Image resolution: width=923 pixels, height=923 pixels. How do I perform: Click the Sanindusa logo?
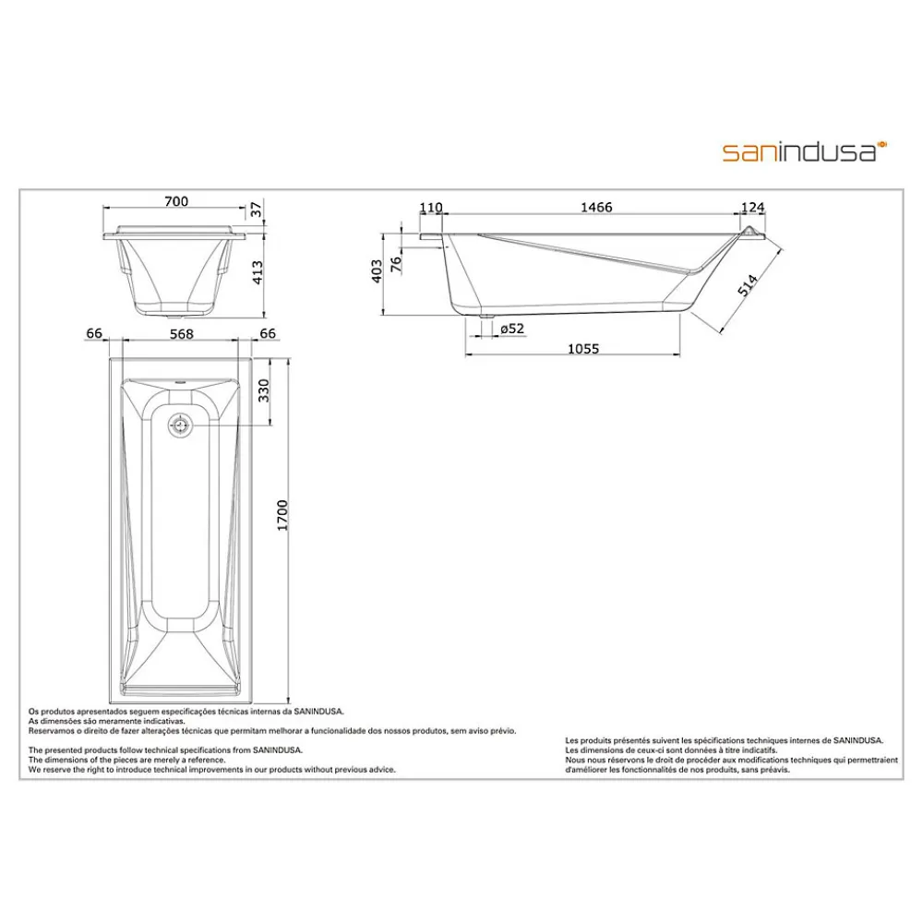(x=805, y=151)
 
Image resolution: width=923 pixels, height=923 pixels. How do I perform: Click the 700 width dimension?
(x=176, y=201)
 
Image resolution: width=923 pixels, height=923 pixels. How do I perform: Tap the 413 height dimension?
(x=258, y=272)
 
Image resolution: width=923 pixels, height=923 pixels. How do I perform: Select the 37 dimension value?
(x=256, y=209)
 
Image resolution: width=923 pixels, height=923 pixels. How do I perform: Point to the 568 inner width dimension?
(x=181, y=334)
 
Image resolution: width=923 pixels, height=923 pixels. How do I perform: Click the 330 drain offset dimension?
(x=264, y=390)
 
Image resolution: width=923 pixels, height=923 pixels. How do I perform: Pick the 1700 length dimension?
(x=282, y=515)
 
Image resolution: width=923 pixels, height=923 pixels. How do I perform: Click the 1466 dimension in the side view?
(x=596, y=207)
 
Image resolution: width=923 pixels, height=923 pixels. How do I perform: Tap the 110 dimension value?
(x=431, y=207)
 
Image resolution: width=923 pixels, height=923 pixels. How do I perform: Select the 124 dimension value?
(x=752, y=207)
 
